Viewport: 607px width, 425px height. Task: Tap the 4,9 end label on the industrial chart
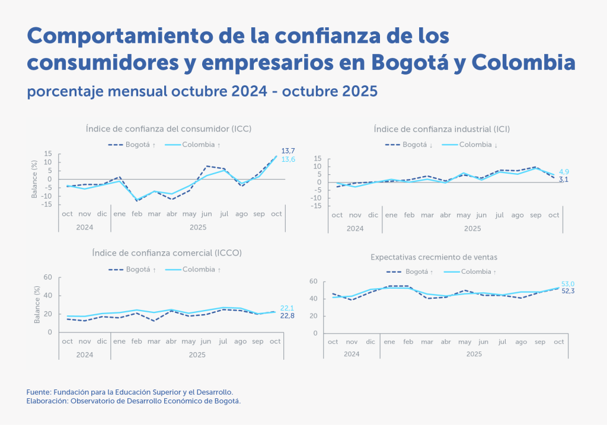(564, 172)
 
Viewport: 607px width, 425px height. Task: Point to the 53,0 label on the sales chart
(567, 284)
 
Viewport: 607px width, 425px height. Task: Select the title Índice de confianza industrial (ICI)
(442, 128)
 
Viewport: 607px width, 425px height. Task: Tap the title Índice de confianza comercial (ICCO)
(167, 253)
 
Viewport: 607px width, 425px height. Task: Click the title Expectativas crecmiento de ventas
(433, 257)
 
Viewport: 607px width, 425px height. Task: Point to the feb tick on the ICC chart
(137, 214)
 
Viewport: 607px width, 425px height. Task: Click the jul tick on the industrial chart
(500, 215)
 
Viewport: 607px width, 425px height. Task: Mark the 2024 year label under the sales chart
(352, 354)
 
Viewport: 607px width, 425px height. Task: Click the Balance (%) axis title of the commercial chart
(37, 304)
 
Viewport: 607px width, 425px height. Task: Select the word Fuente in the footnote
(39, 392)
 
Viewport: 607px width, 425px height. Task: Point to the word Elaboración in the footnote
(49, 401)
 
